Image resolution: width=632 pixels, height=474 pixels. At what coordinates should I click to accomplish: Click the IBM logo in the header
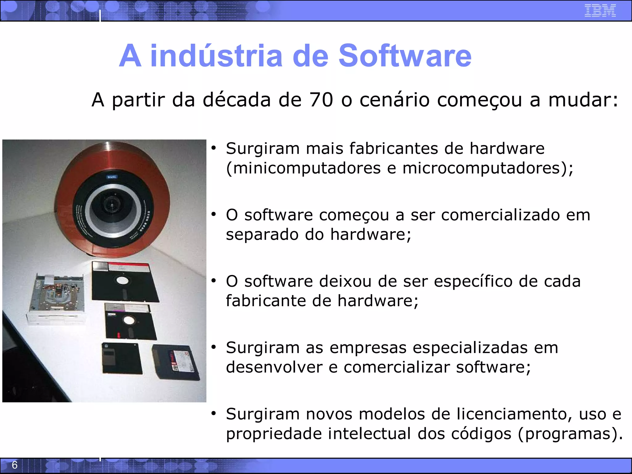coord(600,10)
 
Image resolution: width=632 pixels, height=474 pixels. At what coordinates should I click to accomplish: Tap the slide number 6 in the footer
coord(15,465)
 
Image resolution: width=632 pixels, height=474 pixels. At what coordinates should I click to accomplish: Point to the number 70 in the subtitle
coord(321,100)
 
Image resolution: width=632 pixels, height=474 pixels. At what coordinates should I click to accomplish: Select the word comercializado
coord(500,215)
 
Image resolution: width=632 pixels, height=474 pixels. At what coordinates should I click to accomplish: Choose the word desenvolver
coord(274,367)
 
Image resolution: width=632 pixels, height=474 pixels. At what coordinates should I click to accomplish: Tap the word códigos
coord(481,434)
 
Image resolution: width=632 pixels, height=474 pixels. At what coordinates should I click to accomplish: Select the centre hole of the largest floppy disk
coord(122,281)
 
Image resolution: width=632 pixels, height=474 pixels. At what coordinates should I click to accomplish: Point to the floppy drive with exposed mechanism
coord(57,298)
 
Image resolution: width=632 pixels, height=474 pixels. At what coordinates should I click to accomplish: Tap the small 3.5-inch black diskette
coord(122,358)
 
